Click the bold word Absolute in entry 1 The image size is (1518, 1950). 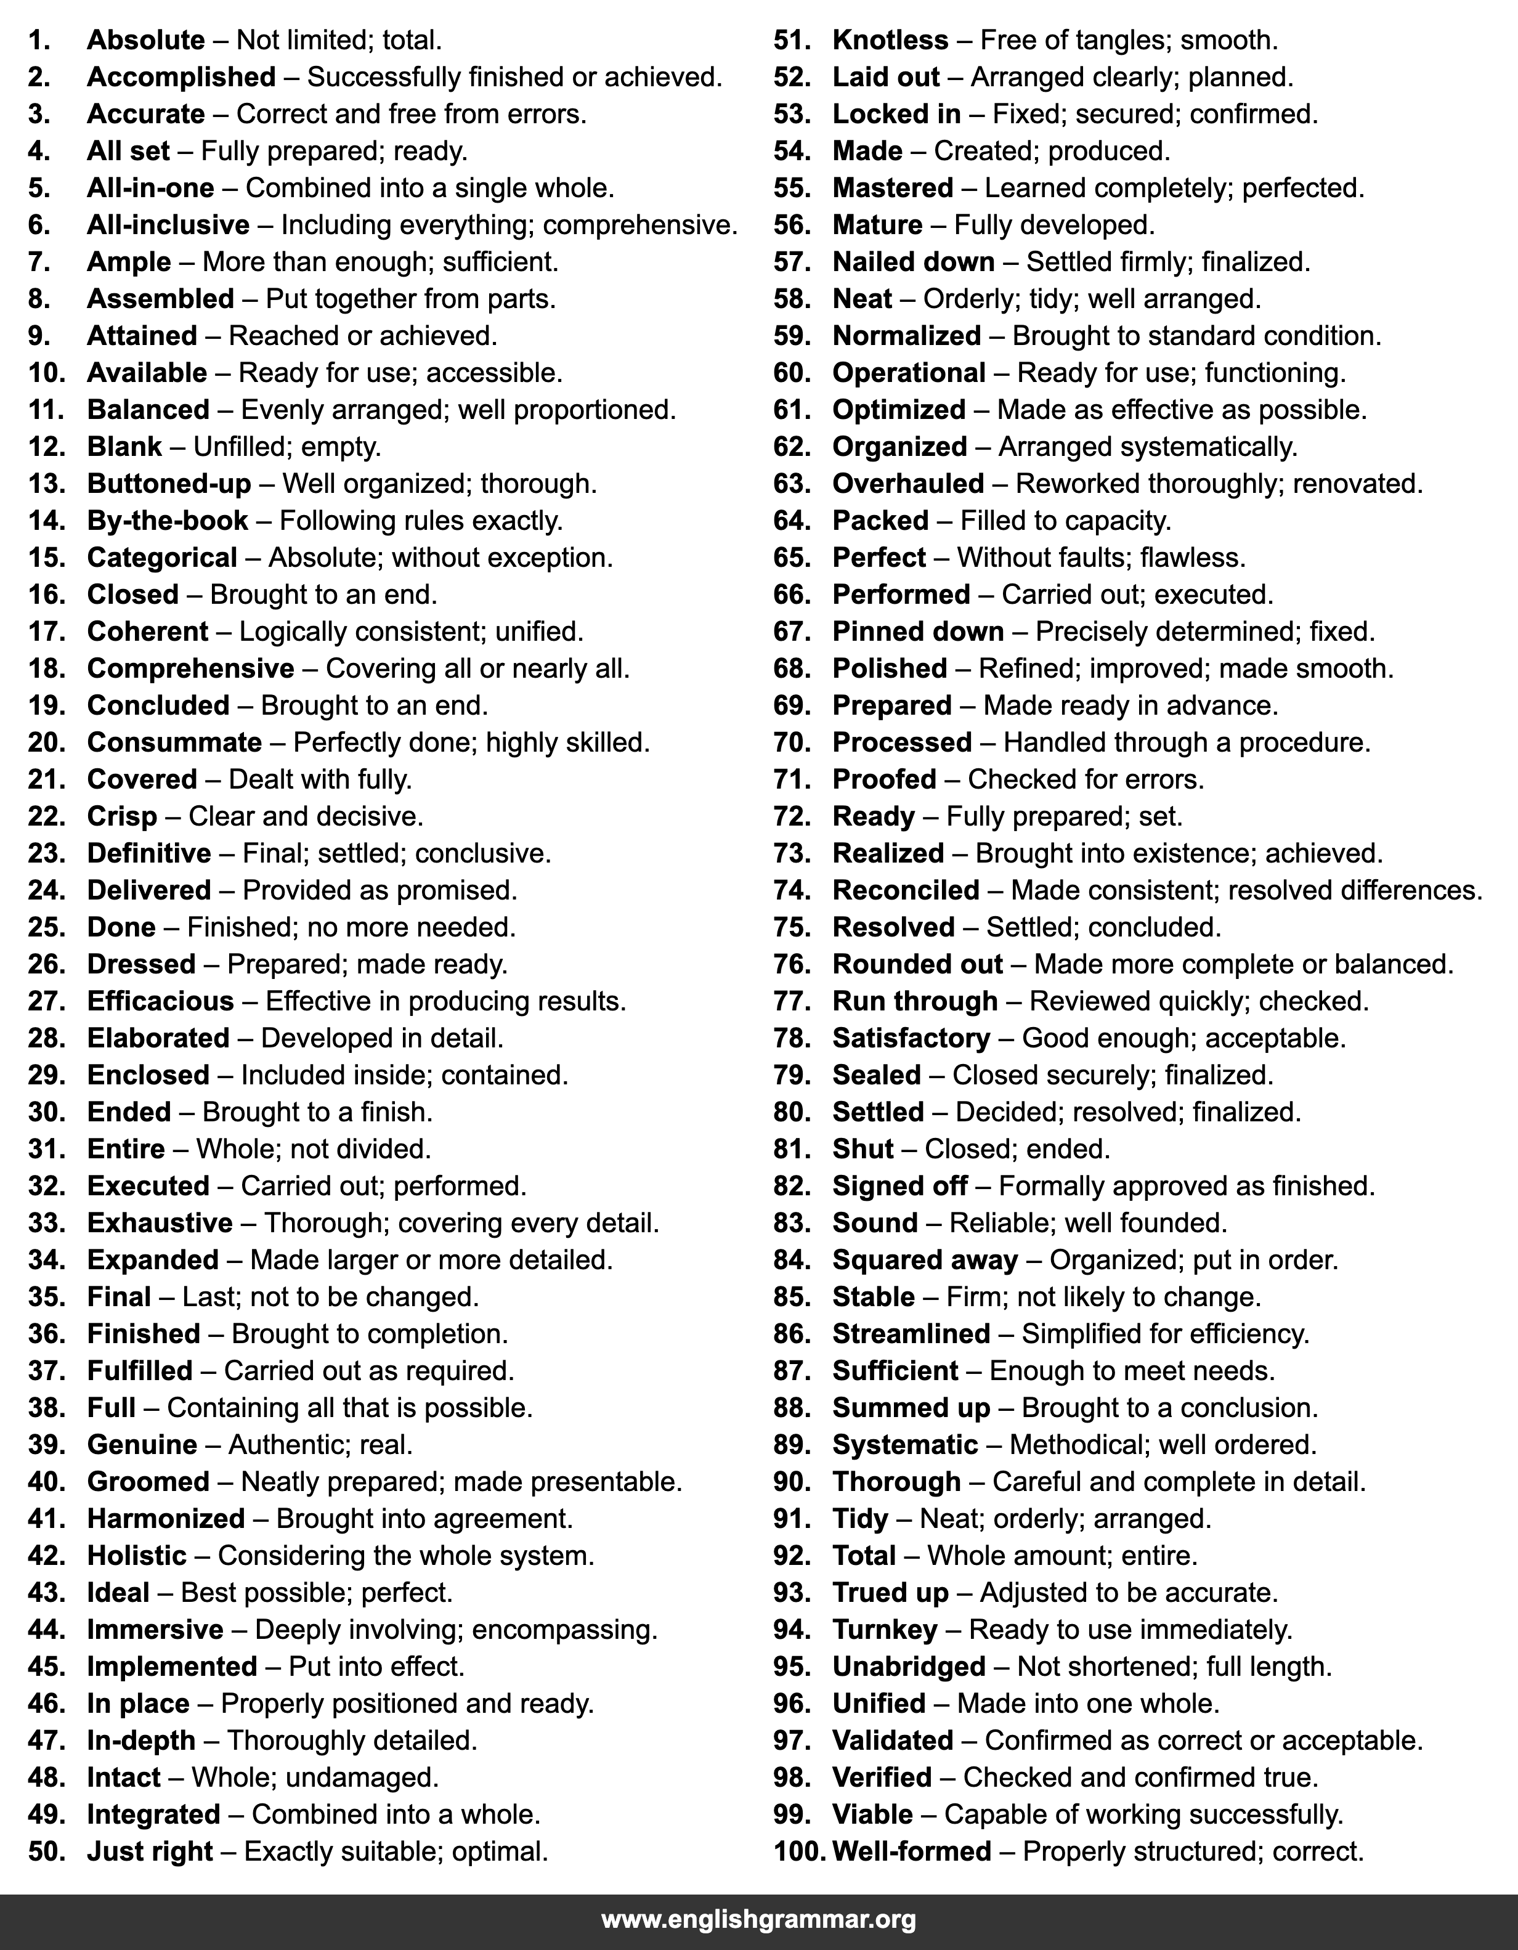click(145, 40)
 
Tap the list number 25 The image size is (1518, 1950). click(46, 927)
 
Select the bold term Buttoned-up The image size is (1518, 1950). click(169, 484)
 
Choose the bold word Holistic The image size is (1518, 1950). click(137, 1555)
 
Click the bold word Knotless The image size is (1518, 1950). click(890, 40)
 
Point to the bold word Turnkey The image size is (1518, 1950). click(885, 1630)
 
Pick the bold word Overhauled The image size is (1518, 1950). click(908, 484)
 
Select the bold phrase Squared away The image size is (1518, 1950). click(925, 1260)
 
